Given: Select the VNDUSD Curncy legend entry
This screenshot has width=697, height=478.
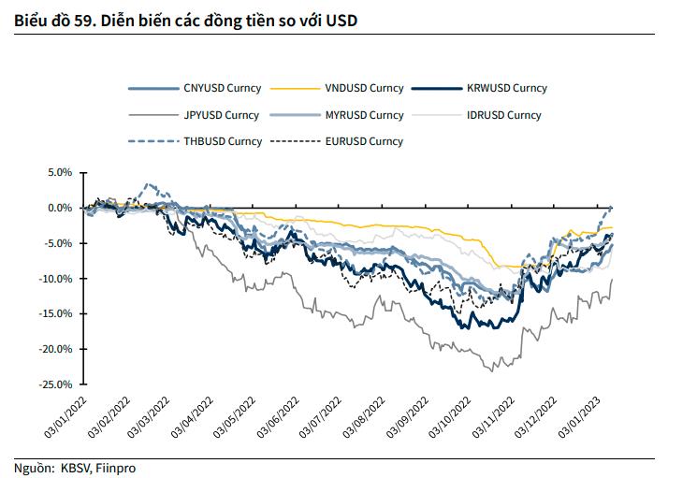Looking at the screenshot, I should [364, 89].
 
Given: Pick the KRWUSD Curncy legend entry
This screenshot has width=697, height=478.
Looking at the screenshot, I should [506, 89].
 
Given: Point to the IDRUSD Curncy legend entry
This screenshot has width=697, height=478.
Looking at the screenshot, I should [503, 115].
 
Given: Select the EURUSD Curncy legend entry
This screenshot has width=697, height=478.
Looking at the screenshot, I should [364, 141].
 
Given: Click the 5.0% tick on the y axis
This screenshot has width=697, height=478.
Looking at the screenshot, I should [59, 173].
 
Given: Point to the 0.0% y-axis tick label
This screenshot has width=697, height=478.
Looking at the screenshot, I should [59, 208].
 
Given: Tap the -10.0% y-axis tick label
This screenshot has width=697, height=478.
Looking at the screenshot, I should [56, 279].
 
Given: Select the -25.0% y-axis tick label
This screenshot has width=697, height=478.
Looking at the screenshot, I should [56, 384].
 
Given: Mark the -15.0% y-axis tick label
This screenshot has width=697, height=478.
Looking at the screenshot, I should [56, 314].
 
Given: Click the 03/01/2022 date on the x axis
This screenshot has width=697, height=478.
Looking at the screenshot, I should [65, 413].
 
